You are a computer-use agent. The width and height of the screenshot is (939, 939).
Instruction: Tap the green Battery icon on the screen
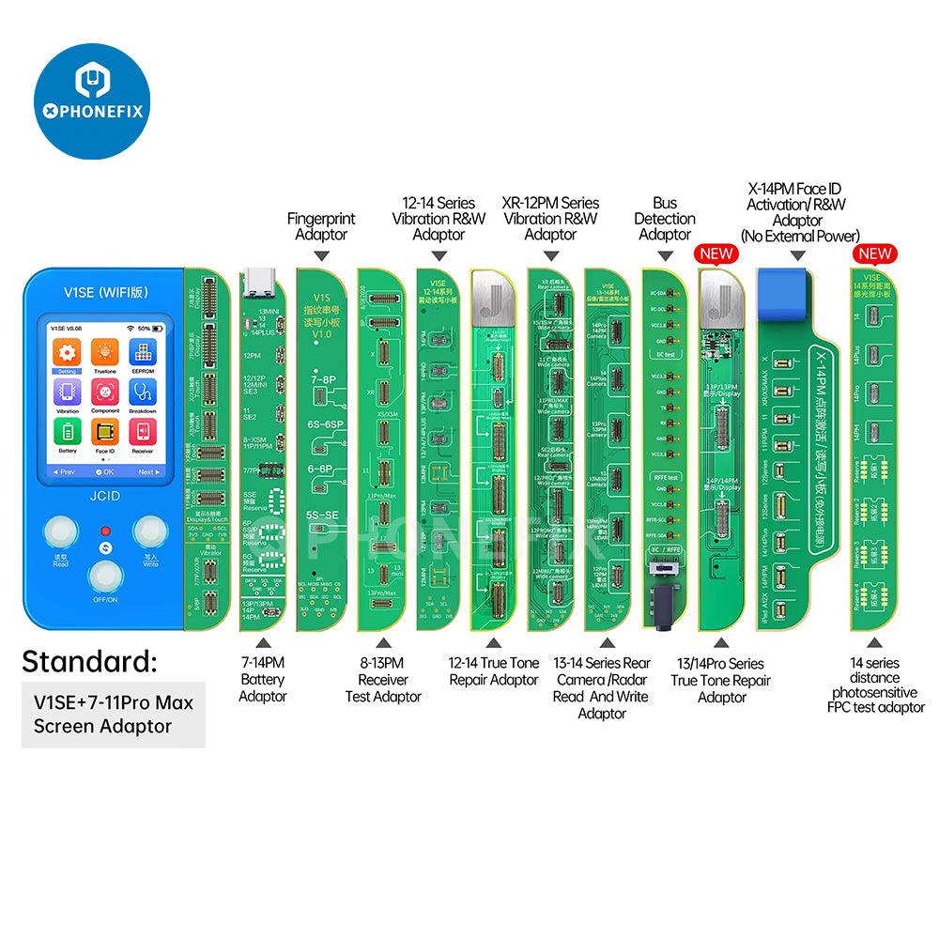pyautogui.click(x=65, y=435)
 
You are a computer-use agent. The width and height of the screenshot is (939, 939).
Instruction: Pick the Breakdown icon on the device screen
pyautogui.click(x=144, y=395)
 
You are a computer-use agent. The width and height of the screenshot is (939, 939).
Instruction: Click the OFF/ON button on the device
pyautogui.click(x=104, y=577)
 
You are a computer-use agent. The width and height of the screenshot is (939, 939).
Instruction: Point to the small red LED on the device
pyautogui.click(x=105, y=531)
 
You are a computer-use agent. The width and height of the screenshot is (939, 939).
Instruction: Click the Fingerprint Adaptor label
pyautogui.click(x=321, y=226)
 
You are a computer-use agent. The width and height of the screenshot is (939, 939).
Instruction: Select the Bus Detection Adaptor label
pyautogui.click(x=665, y=218)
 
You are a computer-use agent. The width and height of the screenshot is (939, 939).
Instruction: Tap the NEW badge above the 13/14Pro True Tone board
pyautogui.click(x=716, y=254)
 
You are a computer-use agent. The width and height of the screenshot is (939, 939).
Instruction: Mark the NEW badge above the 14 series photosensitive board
pyautogui.click(x=872, y=254)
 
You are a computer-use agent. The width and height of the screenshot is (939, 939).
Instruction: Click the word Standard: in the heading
pyautogui.click(x=89, y=660)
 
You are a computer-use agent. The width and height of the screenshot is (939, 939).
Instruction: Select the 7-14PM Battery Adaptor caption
pyautogui.click(x=262, y=679)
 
